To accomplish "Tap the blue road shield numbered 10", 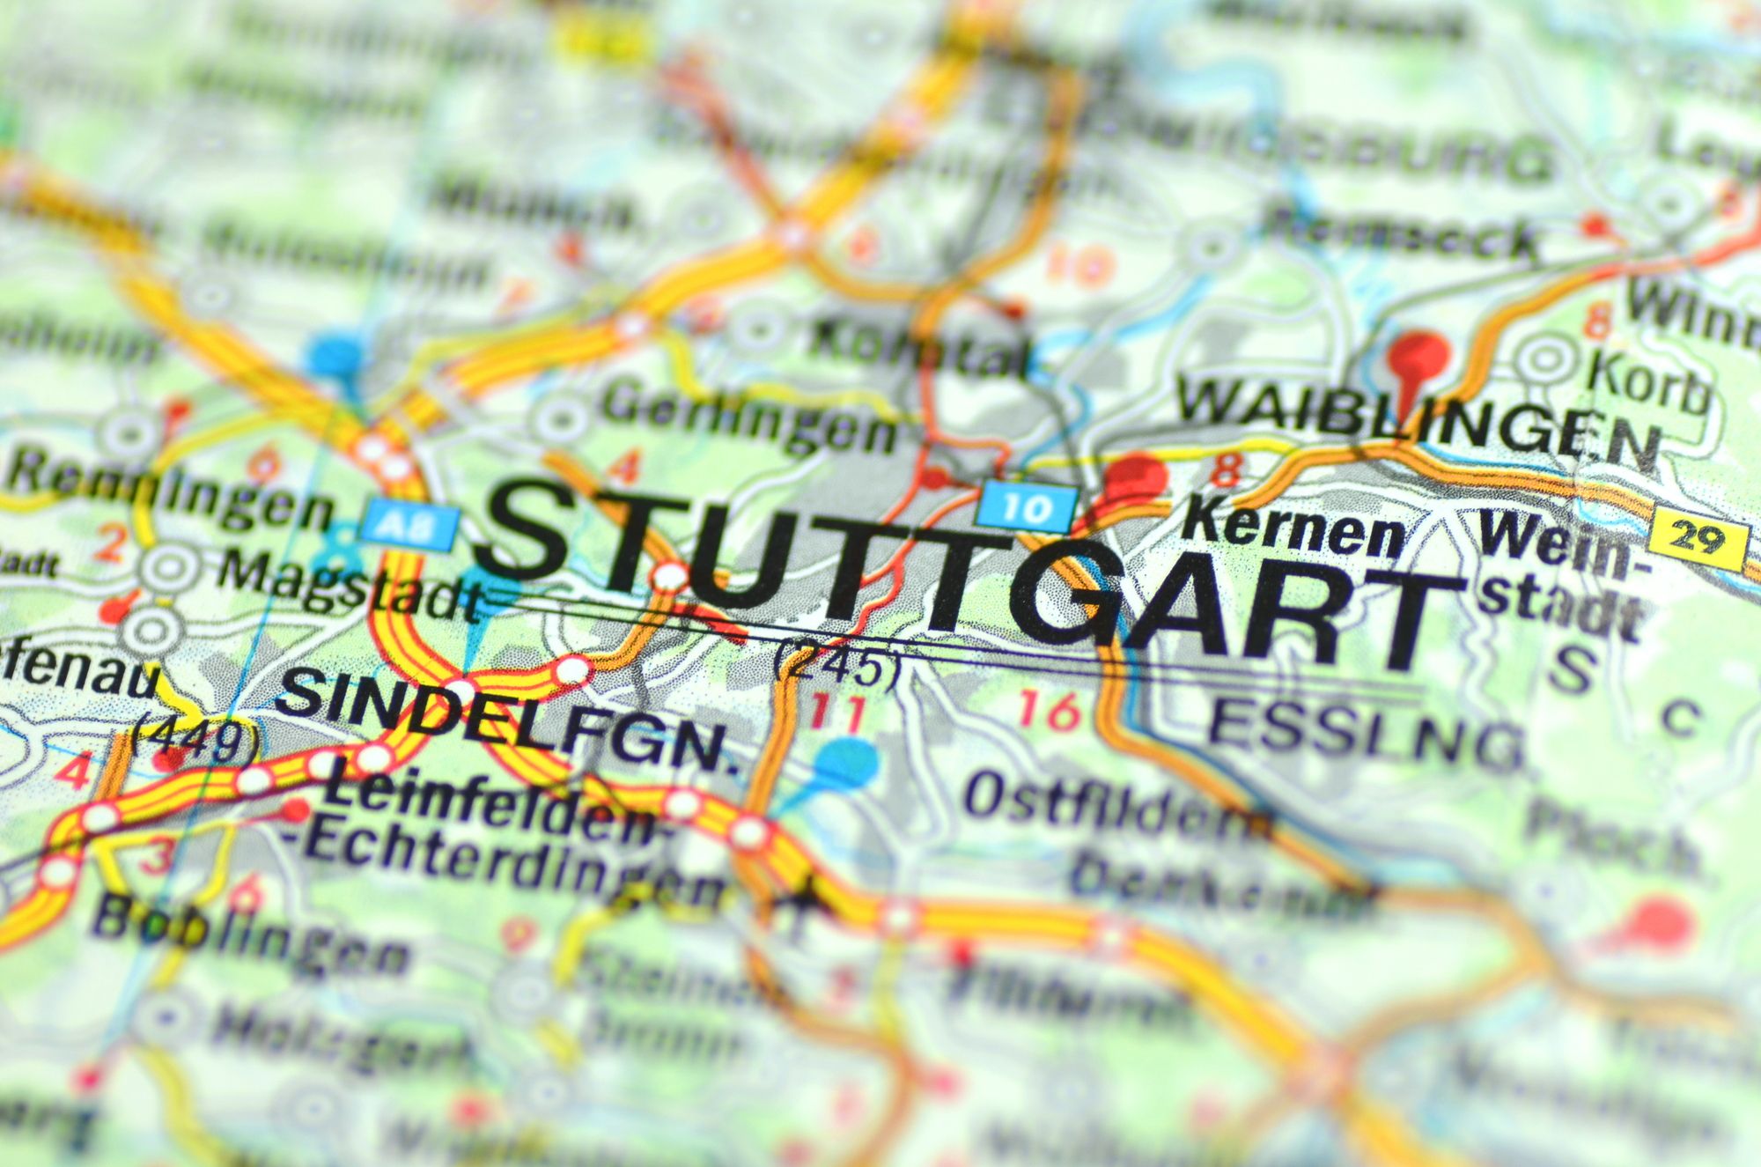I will [x=1028, y=508].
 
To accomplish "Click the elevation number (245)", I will [x=836, y=666].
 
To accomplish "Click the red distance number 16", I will [x=1050, y=710].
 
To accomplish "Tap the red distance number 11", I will [x=837, y=713].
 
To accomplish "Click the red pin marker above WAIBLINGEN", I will [x=1418, y=357].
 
